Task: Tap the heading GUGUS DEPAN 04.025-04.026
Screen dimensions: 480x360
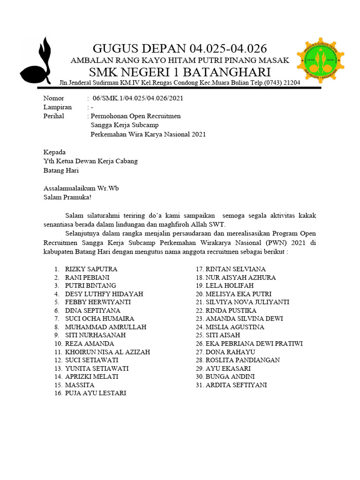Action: pyautogui.click(x=180, y=48)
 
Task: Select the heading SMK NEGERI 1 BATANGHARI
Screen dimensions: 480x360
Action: pyautogui.click(x=180, y=72)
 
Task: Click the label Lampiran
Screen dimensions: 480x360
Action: pyautogui.click(x=57, y=107)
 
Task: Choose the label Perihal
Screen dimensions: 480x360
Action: pyautogui.click(x=53, y=116)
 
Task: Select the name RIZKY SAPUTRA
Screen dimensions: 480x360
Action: pyautogui.click(x=91, y=269)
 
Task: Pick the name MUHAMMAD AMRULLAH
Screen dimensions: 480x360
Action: pyautogui.click(x=105, y=327)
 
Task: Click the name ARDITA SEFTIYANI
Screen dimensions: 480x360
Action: pyautogui.click(x=236, y=385)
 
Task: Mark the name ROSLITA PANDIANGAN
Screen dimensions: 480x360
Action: pyautogui.click(x=242, y=360)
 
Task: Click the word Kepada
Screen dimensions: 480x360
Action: pyautogui.click(x=54, y=152)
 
